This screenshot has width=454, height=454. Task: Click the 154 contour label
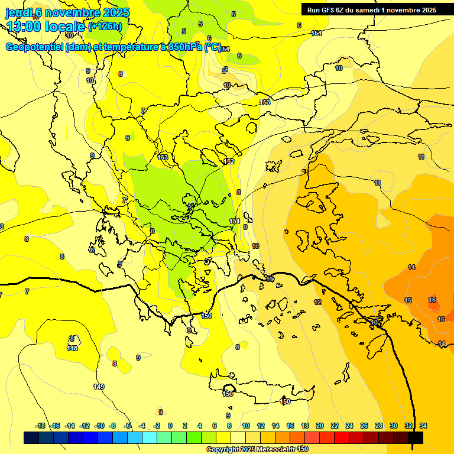tap(316, 33)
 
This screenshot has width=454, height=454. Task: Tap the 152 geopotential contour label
tap(229, 161)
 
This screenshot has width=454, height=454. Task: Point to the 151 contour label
tap(235, 221)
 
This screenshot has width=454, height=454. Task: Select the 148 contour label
tap(72, 348)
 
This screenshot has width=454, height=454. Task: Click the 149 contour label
tap(99, 387)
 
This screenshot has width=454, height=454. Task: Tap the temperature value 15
tap(408, 301)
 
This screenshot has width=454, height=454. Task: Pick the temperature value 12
tap(317, 302)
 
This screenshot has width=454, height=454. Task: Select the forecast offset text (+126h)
tap(105, 26)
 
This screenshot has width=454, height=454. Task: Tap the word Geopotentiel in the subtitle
tap(35, 47)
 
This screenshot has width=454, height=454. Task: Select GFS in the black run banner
tap(327, 9)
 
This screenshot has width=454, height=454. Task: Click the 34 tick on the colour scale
tap(423, 426)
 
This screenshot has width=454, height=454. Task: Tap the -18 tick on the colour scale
tap(40, 426)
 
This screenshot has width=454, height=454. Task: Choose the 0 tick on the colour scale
tap(170, 426)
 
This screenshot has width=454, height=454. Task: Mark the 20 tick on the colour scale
tap(320, 426)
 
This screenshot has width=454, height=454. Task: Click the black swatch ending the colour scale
tap(416, 437)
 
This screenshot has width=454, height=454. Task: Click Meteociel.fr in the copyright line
tap(273, 450)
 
